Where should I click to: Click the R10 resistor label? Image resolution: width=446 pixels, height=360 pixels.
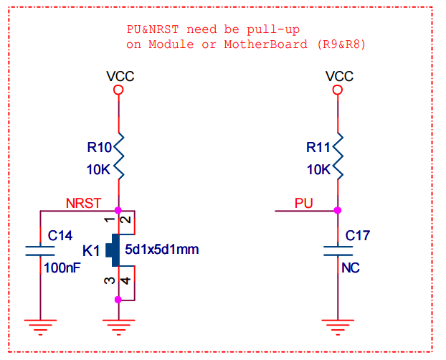pyautogui.click(x=100, y=148)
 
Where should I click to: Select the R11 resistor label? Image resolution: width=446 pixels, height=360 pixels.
pyautogui.click(x=318, y=148)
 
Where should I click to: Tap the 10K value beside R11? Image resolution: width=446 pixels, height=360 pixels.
pyautogui.click(x=318, y=170)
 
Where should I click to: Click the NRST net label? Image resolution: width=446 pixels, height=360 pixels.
pyautogui.click(x=83, y=203)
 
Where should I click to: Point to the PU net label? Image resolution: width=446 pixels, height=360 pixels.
pyautogui.click(x=304, y=203)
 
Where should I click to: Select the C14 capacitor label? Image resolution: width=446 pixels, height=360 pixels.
pyautogui.click(x=61, y=235)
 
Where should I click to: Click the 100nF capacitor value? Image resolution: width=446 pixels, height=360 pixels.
pyautogui.click(x=62, y=267)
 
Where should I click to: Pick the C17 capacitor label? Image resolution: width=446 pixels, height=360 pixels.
pyautogui.click(x=359, y=235)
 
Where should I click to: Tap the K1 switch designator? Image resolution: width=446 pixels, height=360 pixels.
pyautogui.click(x=91, y=250)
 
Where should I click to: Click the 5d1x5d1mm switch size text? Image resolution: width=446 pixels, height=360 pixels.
pyautogui.click(x=161, y=250)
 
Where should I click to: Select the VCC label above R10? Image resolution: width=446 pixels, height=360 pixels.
pyautogui.click(x=120, y=76)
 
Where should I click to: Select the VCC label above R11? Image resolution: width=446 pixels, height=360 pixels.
pyautogui.click(x=339, y=76)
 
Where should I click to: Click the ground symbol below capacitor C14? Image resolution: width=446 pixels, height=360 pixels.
pyautogui.click(x=40, y=326)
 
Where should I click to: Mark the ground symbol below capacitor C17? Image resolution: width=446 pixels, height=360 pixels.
pyautogui.click(x=338, y=326)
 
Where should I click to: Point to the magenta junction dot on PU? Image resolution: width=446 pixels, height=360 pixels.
pyautogui.click(x=338, y=211)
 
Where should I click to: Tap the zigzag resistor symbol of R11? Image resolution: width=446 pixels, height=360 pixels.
pyautogui.click(x=338, y=157)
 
